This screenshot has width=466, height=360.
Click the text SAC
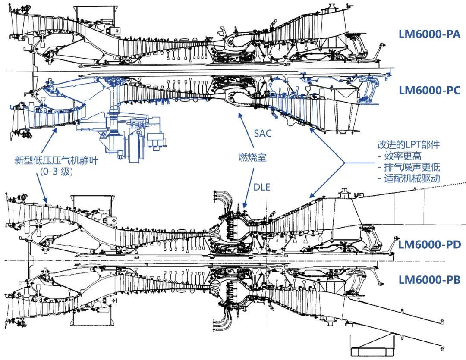click(x=263, y=133)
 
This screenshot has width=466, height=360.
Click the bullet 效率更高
click(x=403, y=156)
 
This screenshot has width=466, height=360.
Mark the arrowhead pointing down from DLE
click(x=245, y=206)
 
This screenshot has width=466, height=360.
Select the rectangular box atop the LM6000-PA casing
click(x=93, y=15)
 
